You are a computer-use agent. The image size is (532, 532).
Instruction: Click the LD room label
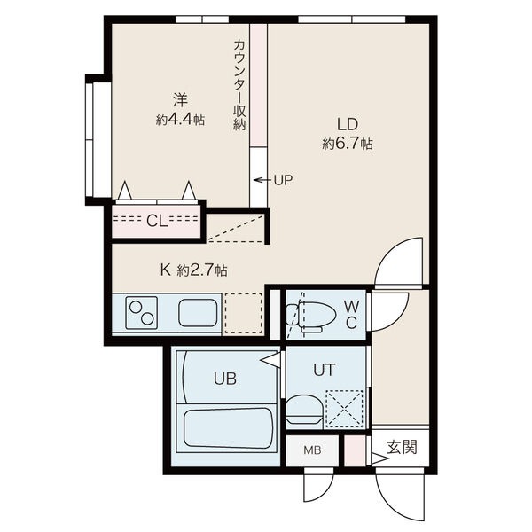pyautogui.click(x=347, y=124)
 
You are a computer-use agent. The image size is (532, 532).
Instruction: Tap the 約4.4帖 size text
pyautogui.click(x=180, y=120)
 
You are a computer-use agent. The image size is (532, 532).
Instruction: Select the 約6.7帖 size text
pyautogui.click(x=347, y=144)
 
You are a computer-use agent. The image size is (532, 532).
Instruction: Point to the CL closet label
pyautogui.click(x=156, y=221)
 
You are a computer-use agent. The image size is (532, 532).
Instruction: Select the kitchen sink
pyautogui.click(x=197, y=313)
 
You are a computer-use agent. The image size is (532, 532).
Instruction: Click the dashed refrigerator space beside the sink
pyautogui.click(x=244, y=313)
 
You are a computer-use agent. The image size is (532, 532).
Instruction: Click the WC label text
pyautogui.click(x=351, y=314)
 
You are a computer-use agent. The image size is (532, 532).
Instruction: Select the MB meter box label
pyautogui.click(x=313, y=450)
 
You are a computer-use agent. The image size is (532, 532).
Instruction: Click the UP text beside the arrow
pyautogui.click(x=282, y=180)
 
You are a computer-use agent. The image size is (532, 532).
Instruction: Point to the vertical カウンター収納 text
pyautogui.click(x=239, y=84)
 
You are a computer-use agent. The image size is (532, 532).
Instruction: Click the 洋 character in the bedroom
pyautogui.click(x=180, y=99)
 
